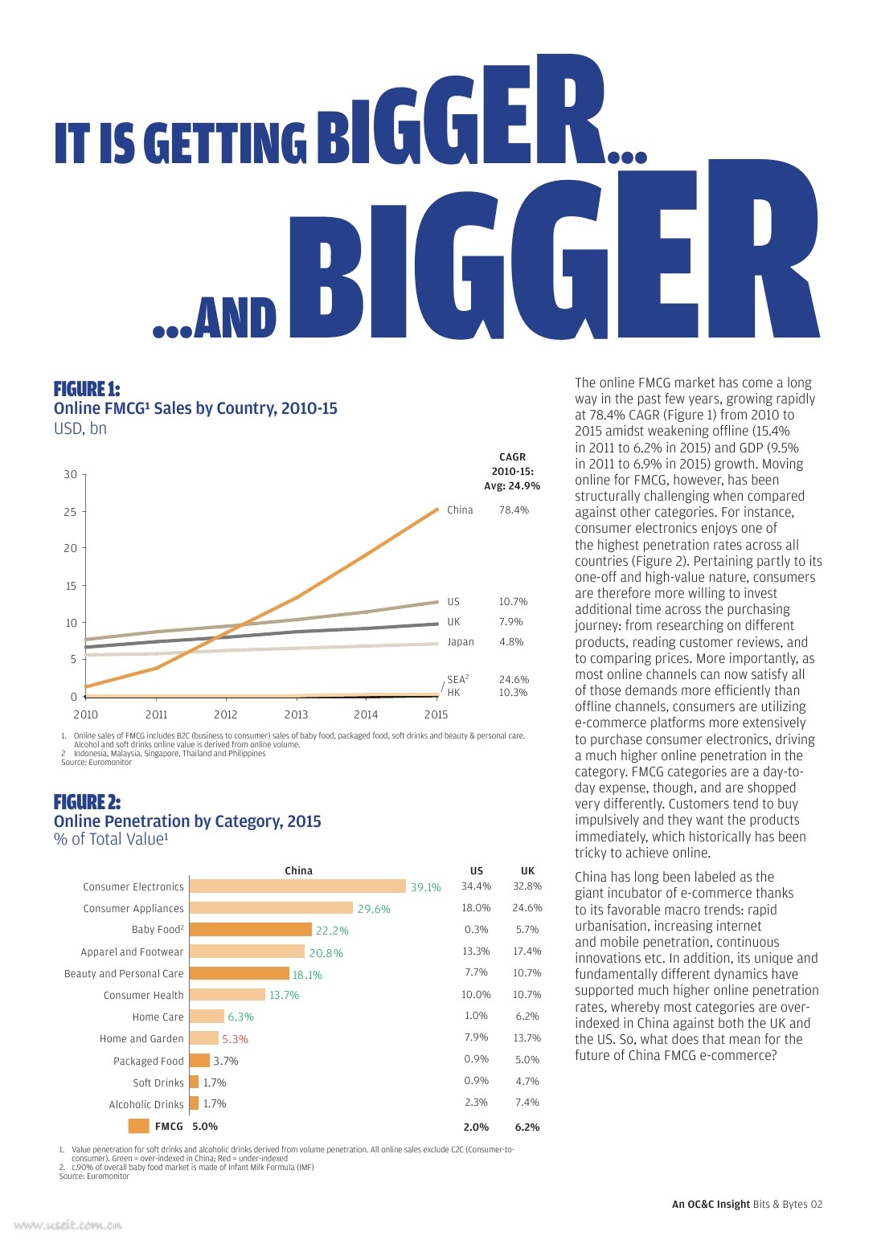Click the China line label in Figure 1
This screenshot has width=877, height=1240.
point(460,510)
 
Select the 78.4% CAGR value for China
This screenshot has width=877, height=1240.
point(514,510)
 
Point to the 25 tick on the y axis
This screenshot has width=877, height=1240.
point(71,512)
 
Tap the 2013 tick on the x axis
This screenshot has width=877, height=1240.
point(296,714)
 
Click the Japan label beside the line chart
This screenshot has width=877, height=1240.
point(461,642)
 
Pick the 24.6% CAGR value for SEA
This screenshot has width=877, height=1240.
point(514,680)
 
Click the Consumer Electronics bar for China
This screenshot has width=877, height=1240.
point(297,886)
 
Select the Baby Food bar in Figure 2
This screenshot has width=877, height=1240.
point(251,930)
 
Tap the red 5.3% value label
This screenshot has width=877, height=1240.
point(235,1039)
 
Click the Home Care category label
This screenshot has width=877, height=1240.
point(158,1017)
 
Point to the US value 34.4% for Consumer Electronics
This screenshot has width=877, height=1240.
point(476,886)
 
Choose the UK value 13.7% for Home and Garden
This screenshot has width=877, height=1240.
point(527,1038)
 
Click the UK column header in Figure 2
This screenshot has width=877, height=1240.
point(527,870)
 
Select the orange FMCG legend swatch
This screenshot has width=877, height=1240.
point(138,1126)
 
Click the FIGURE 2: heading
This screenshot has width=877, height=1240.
point(87,802)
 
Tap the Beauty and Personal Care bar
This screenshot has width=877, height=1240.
point(240,973)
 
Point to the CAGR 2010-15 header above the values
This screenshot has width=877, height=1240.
point(512,464)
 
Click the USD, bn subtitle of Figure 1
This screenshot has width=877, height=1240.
point(80,428)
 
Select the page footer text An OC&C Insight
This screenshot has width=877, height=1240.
point(711,1204)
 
